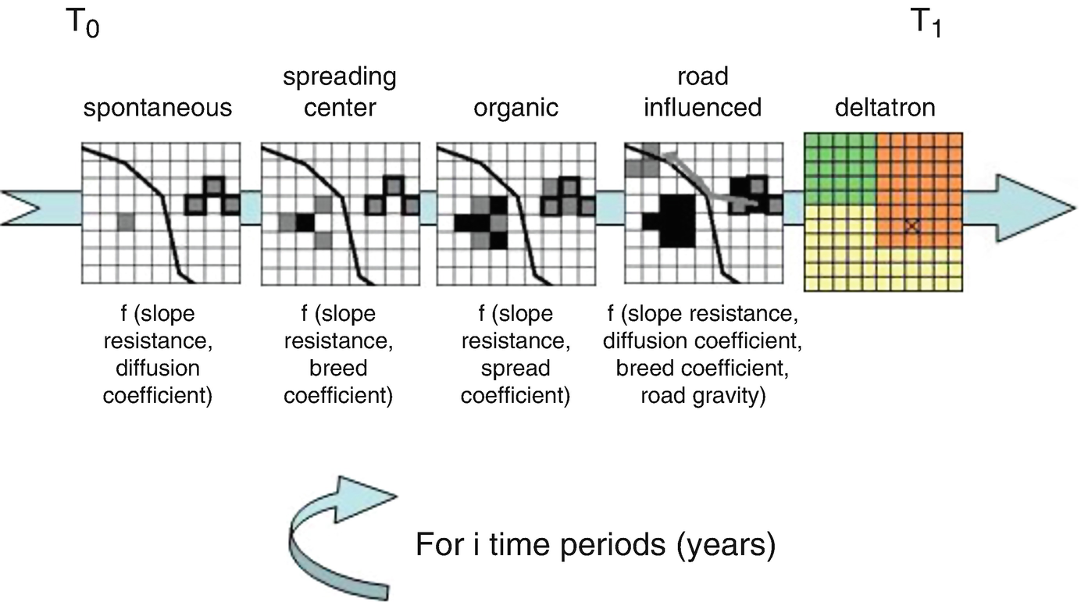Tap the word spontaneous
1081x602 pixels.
click(x=158, y=107)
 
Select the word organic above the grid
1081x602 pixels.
click(x=516, y=107)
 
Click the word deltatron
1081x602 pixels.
click(x=884, y=107)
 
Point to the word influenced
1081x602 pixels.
click(x=701, y=107)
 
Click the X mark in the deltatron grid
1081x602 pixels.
click(x=910, y=226)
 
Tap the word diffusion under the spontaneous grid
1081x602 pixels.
click(x=159, y=368)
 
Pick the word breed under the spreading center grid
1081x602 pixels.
click(x=337, y=368)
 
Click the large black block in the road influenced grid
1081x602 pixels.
click(x=679, y=221)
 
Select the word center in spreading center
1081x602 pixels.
click(x=338, y=107)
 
